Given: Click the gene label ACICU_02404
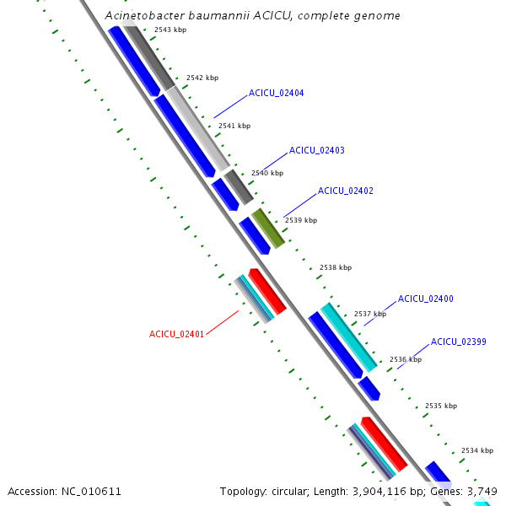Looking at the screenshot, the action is tap(277, 93).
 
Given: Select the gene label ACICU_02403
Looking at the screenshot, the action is tap(317, 150).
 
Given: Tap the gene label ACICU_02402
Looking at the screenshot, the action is tap(346, 191).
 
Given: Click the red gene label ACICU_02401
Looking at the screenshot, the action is tap(176, 334).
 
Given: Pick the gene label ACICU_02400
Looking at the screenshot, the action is tap(426, 299).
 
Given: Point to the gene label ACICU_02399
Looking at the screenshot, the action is tap(459, 342).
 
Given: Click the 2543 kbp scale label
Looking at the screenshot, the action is tap(170, 30).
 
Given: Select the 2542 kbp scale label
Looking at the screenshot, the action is tap(202, 78).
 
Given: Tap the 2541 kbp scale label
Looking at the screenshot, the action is tap(234, 126).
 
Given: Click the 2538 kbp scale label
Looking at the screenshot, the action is tap(336, 267).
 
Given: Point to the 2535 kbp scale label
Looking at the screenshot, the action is tap(441, 406).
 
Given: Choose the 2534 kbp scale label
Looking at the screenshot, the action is tap(477, 450).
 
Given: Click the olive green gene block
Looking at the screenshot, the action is tap(268, 229).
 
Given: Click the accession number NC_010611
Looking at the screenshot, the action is tap(91, 492).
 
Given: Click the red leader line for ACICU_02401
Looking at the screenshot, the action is tap(223, 323).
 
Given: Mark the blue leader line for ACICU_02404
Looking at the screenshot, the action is tap(230, 107).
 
